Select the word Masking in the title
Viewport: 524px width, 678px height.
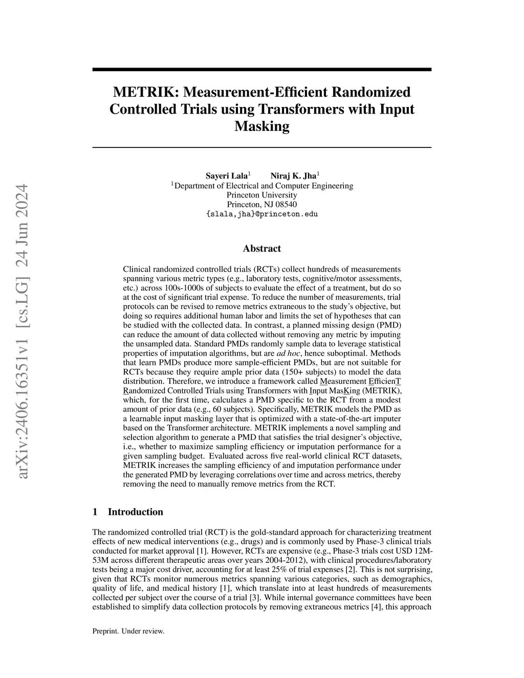(x=261, y=126)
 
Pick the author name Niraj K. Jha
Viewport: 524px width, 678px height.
(x=293, y=176)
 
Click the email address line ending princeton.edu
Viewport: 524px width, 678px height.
(x=261, y=214)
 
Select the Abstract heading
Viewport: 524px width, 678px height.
(x=261, y=249)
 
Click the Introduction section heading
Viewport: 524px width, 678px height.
(x=135, y=512)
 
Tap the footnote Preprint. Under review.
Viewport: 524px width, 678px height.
(x=128, y=631)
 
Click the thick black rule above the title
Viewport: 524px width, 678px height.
(x=261, y=70)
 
